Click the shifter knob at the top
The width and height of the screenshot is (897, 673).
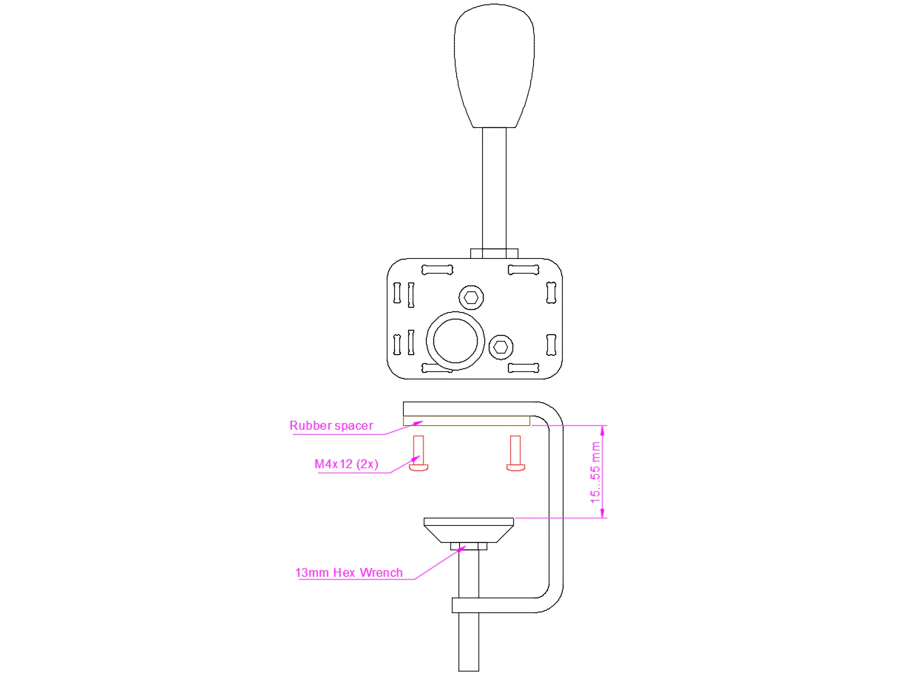494,65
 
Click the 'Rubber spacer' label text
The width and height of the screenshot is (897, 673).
331,426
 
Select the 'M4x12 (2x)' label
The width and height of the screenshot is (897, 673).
346,464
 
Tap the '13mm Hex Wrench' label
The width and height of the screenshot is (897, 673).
349,573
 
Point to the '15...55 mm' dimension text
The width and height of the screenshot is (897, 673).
595,473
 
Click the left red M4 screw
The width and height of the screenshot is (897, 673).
419,453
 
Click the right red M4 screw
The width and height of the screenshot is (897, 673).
515,453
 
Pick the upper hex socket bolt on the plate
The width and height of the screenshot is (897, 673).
471,297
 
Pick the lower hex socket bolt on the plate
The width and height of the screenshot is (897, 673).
501,348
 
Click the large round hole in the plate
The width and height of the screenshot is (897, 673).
456,341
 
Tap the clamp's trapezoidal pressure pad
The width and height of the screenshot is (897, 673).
469,530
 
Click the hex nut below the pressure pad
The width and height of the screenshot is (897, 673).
469,547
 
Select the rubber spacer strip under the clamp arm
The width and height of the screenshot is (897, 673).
467,421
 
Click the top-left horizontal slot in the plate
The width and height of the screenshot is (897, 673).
437,270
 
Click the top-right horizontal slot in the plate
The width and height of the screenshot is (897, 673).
524,270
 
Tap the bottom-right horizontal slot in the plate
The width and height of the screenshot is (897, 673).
524,368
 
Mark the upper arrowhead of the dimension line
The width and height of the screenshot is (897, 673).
602,430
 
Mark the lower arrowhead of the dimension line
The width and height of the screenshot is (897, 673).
602,513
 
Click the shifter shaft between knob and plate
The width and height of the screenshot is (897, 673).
494,189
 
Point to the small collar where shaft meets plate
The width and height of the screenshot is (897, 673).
494,254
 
